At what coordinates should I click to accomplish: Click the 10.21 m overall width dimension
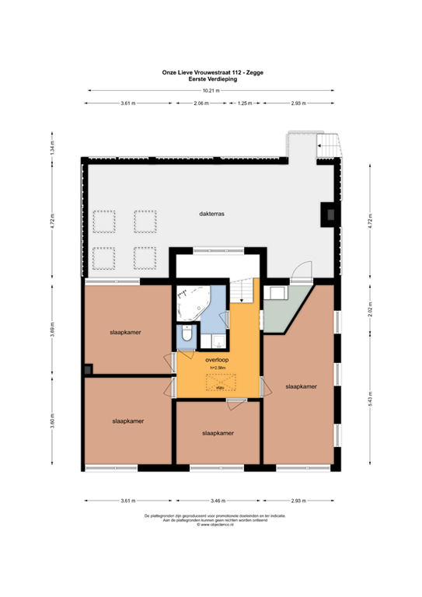(x=211, y=91)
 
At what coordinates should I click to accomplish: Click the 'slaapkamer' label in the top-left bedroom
(x=125, y=332)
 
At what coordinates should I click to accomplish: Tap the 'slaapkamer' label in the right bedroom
(x=300, y=386)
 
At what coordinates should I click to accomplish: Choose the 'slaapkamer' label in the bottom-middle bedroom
(x=218, y=433)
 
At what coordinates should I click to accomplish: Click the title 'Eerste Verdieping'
(x=211, y=79)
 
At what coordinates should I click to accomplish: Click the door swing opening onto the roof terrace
(x=302, y=271)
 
